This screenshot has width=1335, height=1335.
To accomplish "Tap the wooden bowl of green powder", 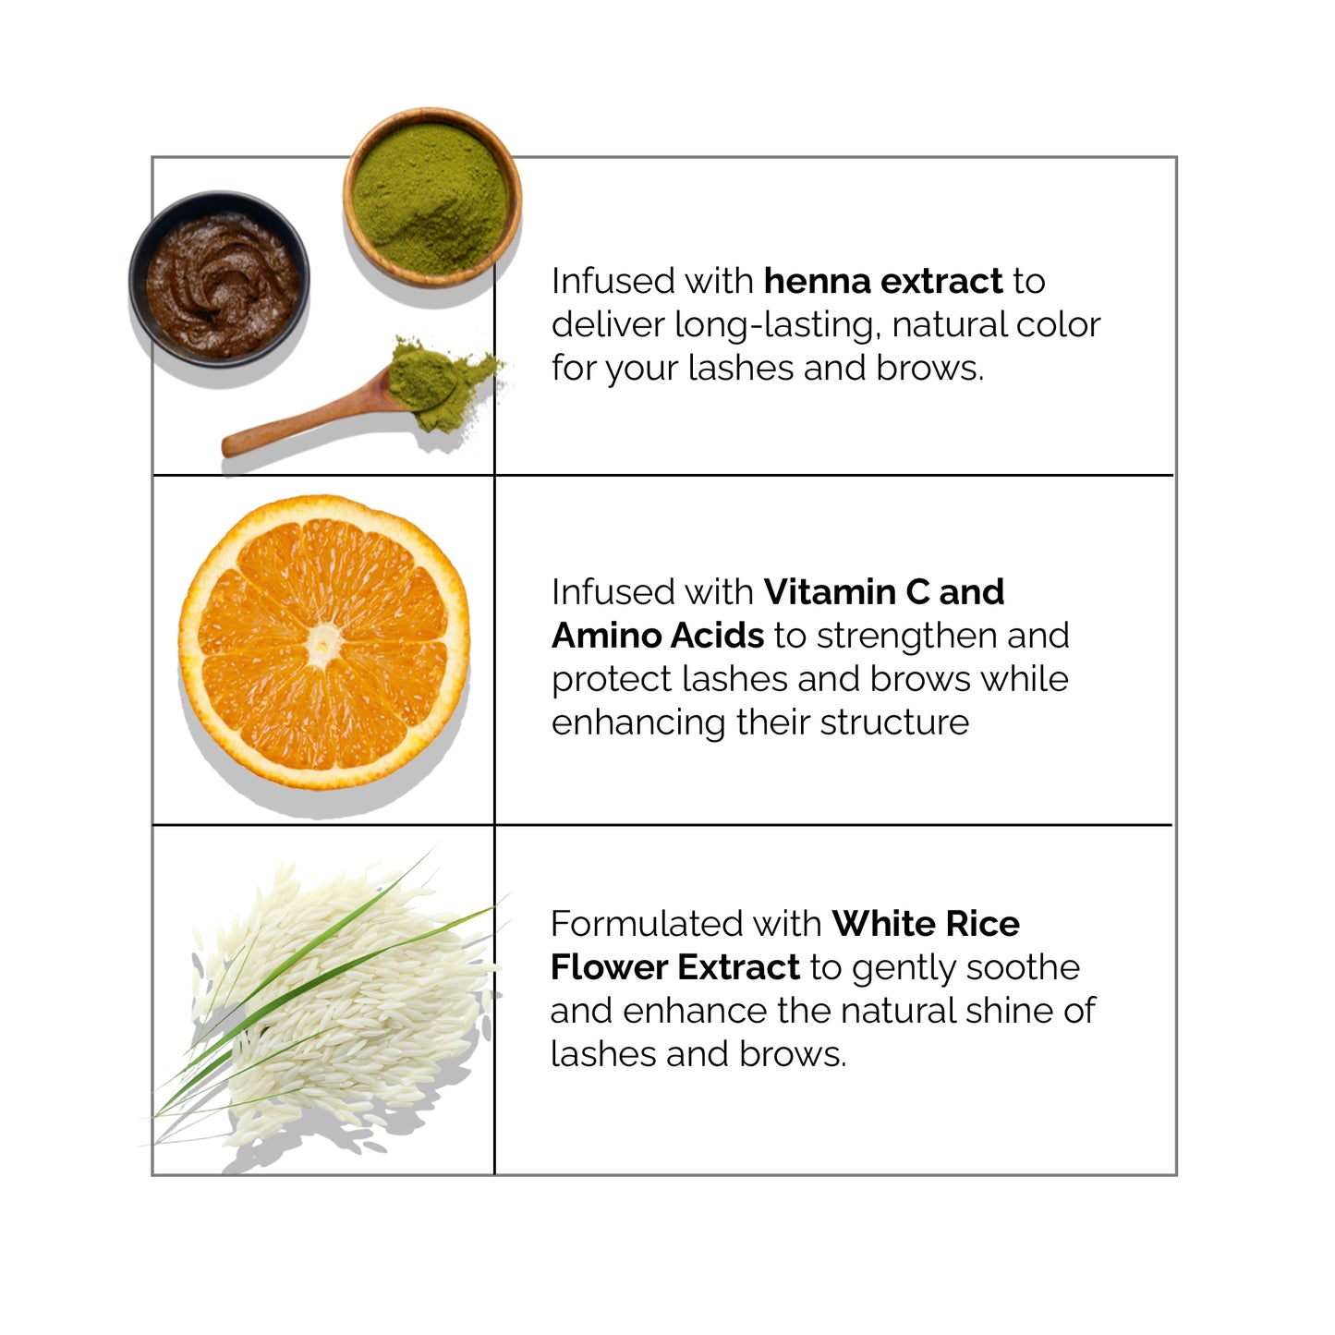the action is (x=431, y=198).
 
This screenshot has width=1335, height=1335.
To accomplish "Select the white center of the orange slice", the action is (x=323, y=643).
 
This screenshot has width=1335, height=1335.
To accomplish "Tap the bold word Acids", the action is (x=716, y=636).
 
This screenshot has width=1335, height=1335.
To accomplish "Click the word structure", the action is (x=894, y=723).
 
